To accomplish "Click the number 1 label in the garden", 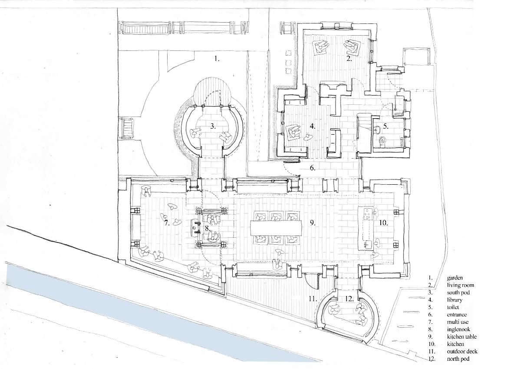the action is (x=217, y=59).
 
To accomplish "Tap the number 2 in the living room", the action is (x=349, y=59).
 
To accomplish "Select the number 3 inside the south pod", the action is (x=213, y=126).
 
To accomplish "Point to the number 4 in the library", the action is (x=313, y=126).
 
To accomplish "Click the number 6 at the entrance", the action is (x=313, y=168).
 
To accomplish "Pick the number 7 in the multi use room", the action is (x=167, y=223).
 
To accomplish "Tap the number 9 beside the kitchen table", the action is (x=313, y=223).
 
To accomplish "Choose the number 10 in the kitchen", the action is (x=383, y=223).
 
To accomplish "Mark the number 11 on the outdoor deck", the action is (x=313, y=299).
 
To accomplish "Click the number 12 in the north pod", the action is (x=349, y=299).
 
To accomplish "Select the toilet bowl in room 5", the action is (x=383, y=141).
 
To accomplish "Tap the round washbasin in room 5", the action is (x=378, y=129).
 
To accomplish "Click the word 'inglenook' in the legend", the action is (x=458, y=329).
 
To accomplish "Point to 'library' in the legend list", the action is (x=455, y=300).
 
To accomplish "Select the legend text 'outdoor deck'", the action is (x=462, y=352).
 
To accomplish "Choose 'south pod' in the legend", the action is (x=458, y=293).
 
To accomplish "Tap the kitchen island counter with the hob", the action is (x=366, y=228).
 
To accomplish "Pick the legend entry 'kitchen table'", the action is (x=462, y=337).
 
